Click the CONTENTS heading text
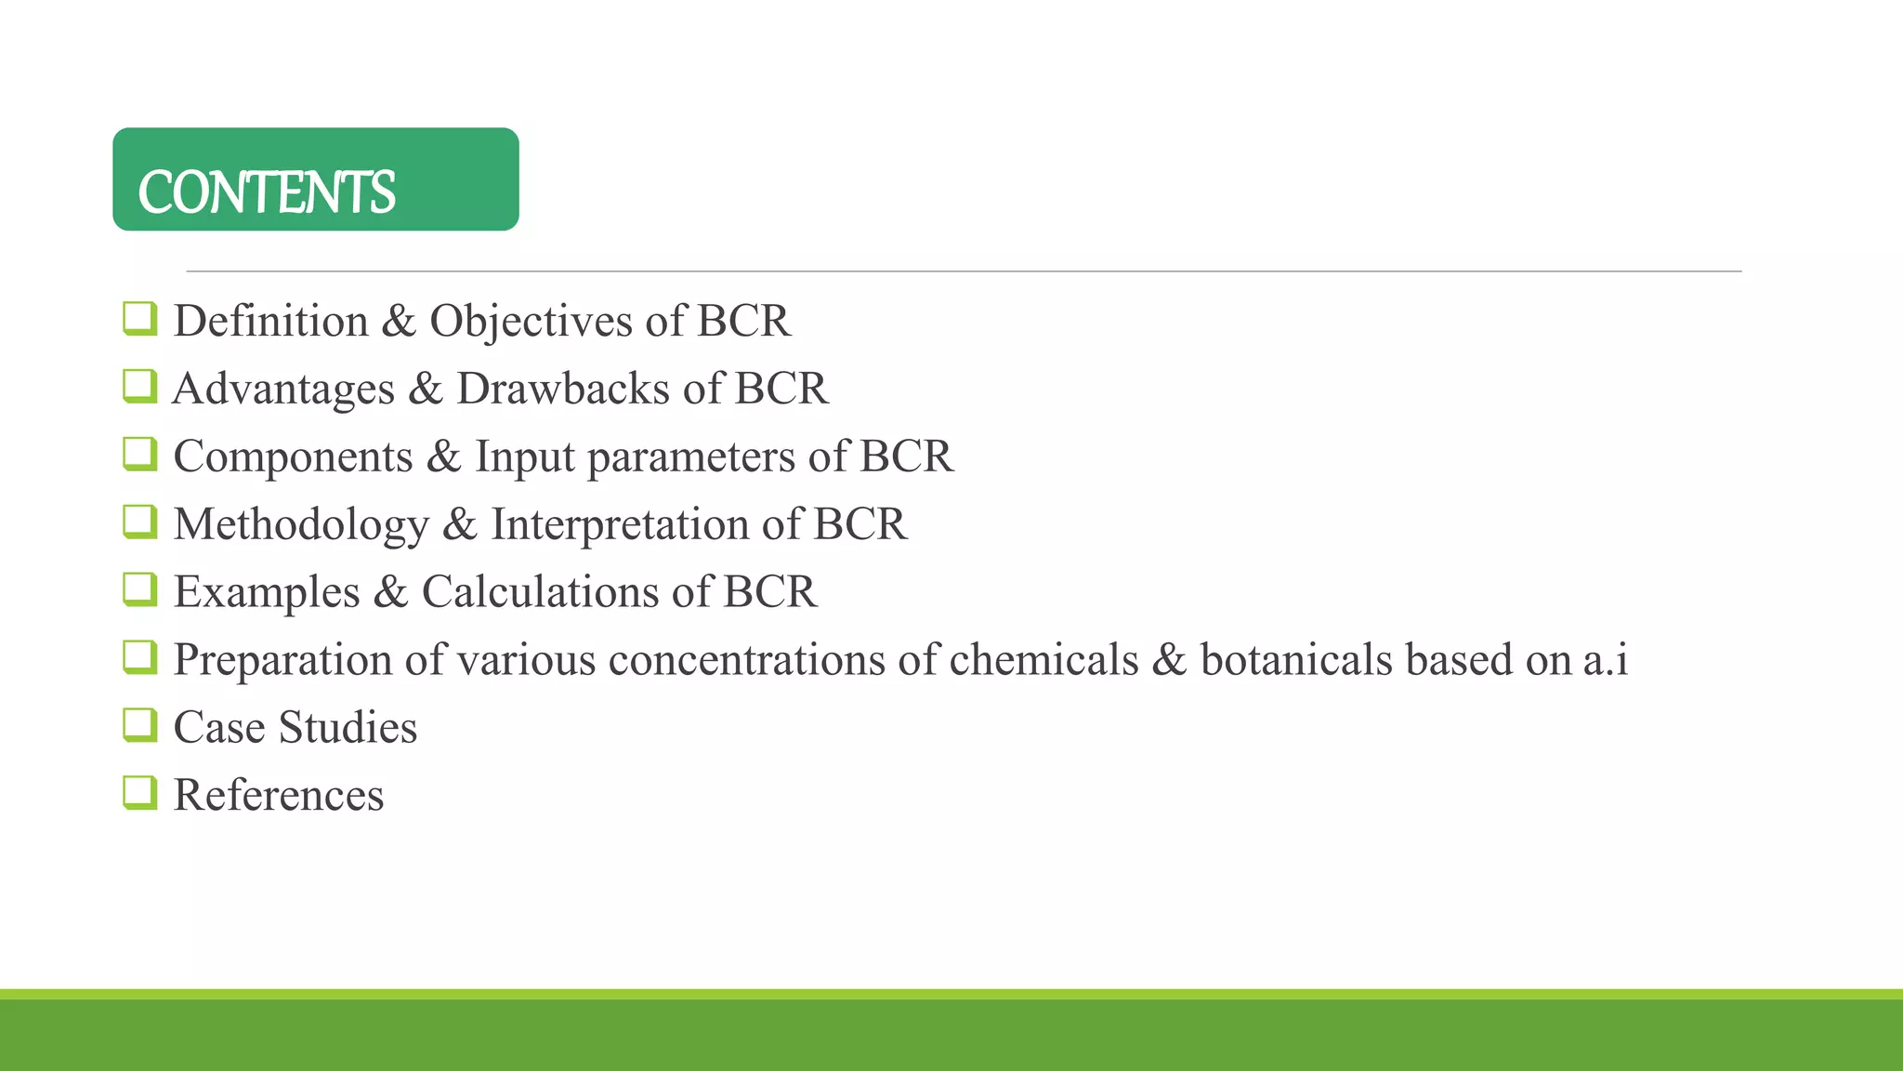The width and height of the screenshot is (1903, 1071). tap(267, 192)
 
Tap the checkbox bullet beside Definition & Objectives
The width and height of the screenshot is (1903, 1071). tap(139, 319)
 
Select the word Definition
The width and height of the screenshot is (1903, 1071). tap(271, 322)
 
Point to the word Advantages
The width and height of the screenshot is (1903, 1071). tap(283, 390)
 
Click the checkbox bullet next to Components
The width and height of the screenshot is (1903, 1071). tap(139, 455)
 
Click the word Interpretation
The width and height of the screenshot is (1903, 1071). tap(620, 525)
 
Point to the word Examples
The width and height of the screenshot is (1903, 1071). tap(267, 593)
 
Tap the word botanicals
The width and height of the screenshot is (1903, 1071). tap(1296, 660)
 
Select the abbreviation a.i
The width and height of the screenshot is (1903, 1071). tap(1605, 660)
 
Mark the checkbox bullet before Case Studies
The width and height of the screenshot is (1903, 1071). tap(139, 725)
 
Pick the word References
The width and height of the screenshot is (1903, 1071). tap(279, 796)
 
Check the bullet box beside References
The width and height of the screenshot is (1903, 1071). tap(139, 793)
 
